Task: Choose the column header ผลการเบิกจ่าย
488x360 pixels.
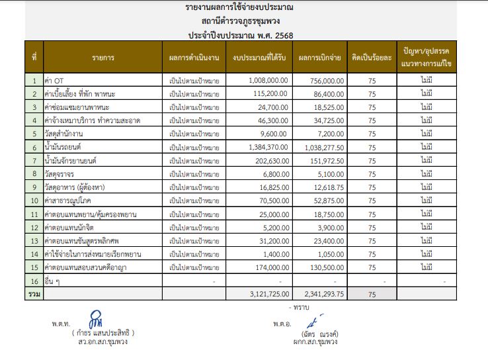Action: (x=319, y=58)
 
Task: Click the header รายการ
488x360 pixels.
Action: (x=103, y=58)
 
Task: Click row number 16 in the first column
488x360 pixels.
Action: (x=34, y=281)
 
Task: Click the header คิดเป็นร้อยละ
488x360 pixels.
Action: (x=372, y=58)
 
